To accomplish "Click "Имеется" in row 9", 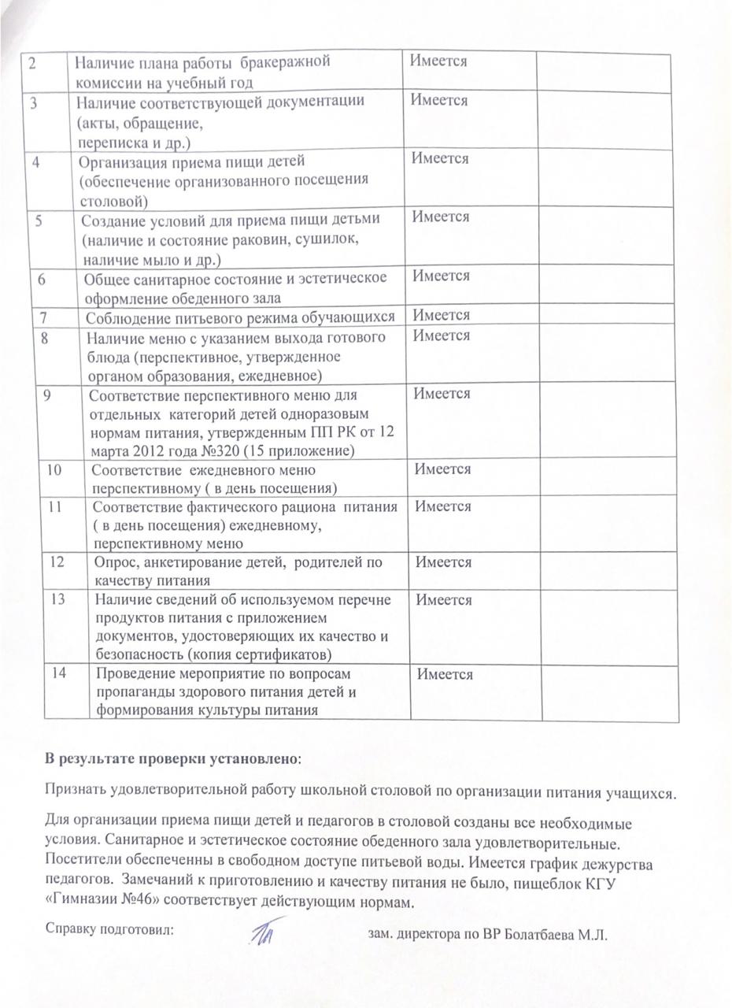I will pyautogui.click(x=442, y=394).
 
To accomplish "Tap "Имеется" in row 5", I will pyautogui.click(x=441, y=217).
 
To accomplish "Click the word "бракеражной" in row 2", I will pyautogui.click(x=286, y=61).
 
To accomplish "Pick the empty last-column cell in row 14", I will pyautogui.click(x=609, y=693).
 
